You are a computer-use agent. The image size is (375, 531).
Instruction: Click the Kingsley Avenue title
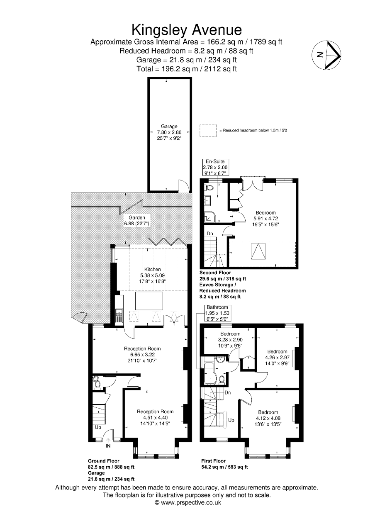pyautogui.click(x=187, y=30)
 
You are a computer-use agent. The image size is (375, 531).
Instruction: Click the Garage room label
pyautogui.click(x=169, y=127)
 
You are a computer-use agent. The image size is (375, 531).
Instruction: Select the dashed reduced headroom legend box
pyautogui.click(x=208, y=130)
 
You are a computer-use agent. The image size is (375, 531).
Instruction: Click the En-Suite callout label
pyautogui.click(x=215, y=162)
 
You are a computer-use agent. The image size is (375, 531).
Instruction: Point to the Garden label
pyautogui.click(x=136, y=217)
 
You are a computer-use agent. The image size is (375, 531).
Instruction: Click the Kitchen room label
pyautogui.click(x=152, y=269)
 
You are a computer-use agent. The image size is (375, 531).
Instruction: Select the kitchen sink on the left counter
pyautogui.click(x=118, y=316)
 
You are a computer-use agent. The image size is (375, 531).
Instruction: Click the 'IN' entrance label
pyautogui.click(x=108, y=446)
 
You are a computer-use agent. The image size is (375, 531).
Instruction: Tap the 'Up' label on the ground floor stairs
pyautogui.click(x=98, y=427)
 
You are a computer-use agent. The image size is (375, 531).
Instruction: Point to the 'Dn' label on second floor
pyautogui.click(x=210, y=234)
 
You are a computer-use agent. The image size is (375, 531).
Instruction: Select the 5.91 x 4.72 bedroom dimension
pyautogui.click(x=265, y=219)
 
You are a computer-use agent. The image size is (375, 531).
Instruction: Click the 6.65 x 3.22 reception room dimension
pyautogui.click(x=142, y=355)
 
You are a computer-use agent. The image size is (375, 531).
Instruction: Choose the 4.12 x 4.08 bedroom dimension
pyautogui.click(x=268, y=418)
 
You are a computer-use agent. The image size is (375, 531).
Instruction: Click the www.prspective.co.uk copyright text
pyautogui.click(x=187, y=502)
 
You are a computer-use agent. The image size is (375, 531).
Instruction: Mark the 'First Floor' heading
pyautogui.click(x=213, y=461)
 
